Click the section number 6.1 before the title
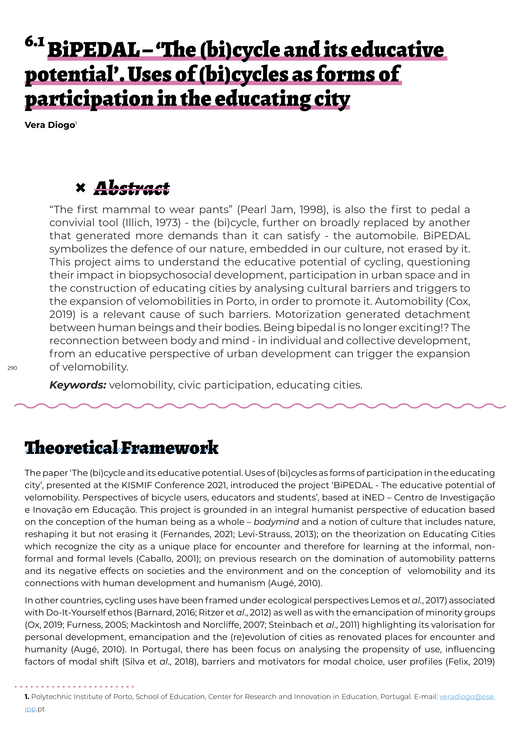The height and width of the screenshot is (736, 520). pos(34,42)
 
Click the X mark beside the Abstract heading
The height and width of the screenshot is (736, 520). pos(81,188)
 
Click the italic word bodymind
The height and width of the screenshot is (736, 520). pos(276,522)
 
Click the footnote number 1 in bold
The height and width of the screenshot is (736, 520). pos(27,697)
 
